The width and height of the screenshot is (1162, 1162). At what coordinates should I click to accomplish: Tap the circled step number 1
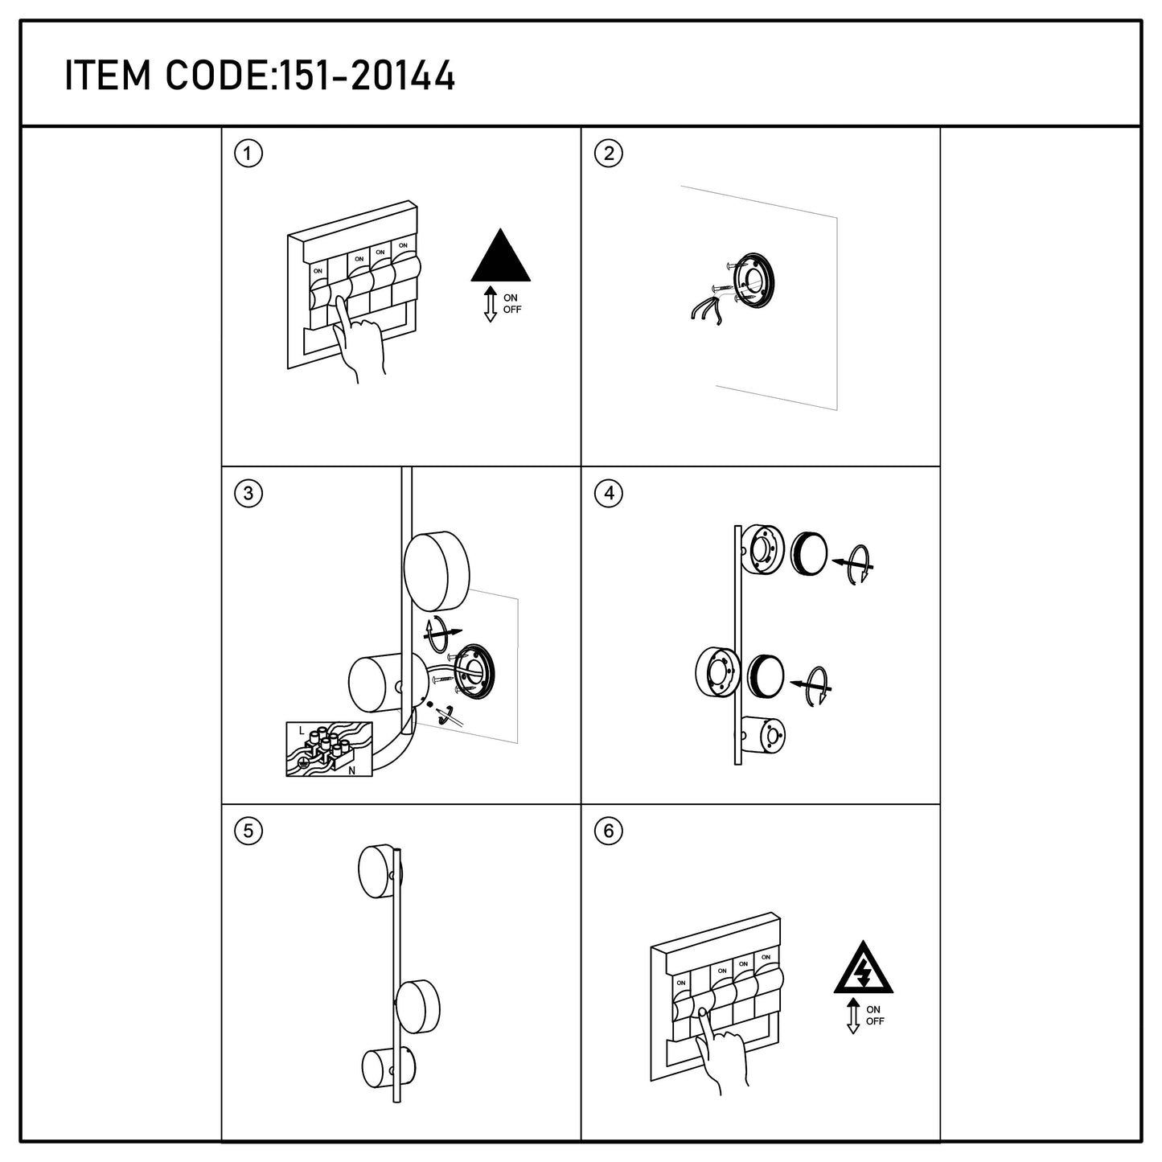point(248,154)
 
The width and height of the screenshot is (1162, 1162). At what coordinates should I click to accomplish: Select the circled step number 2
point(609,154)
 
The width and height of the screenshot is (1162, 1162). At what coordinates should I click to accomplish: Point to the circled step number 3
point(248,493)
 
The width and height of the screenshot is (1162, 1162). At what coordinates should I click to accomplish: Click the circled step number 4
point(609,493)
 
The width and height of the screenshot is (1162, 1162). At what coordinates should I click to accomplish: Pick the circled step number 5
point(248,831)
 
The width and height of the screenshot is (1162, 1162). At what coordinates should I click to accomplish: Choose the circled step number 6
point(609,831)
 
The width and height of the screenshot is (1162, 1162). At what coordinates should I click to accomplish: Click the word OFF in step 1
point(512,310)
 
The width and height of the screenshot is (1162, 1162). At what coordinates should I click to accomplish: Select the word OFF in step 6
point(875,1021)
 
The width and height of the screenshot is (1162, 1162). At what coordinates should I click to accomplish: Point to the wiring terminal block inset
point(329,749)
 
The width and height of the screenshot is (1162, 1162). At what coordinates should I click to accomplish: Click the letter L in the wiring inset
point(302,731)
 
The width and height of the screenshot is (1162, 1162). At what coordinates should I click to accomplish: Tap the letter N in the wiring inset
point(352,770)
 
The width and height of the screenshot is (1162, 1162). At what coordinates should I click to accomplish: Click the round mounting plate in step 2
point(753,281)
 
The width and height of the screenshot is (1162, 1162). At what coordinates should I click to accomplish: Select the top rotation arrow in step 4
point(855,564)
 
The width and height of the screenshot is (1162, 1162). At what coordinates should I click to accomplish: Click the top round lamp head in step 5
point(380,871)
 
